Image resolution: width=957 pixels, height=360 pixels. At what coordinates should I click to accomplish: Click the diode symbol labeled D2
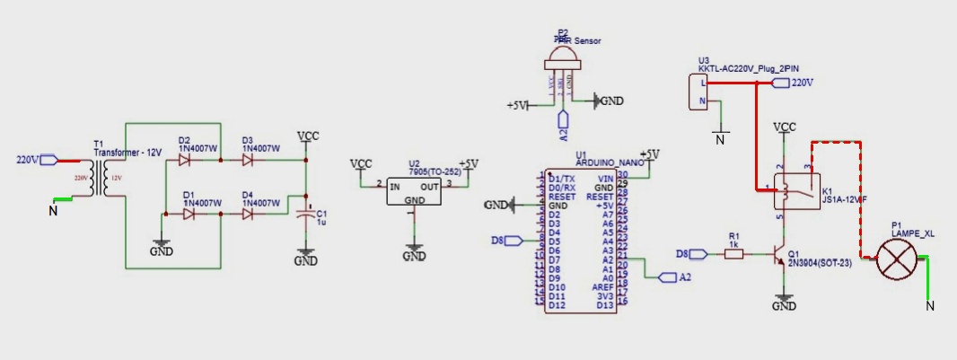click(186, 160)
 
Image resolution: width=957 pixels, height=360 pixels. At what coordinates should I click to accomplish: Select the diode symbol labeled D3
click(249, 160)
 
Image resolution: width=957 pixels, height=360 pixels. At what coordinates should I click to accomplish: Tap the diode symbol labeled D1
click(189, 215)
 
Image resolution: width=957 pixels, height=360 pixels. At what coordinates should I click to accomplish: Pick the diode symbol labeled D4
click(249, 215)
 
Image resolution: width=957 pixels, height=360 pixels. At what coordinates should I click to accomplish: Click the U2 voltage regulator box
click(414, 190)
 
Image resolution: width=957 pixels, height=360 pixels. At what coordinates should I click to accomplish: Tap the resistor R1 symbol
click(733, 255)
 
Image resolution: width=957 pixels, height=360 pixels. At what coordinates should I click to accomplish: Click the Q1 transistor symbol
click(782, 255)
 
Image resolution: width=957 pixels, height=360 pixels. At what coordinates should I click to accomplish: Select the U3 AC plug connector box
click(701, 92)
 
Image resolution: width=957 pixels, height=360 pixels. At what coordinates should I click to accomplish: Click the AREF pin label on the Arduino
click(601, 287)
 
